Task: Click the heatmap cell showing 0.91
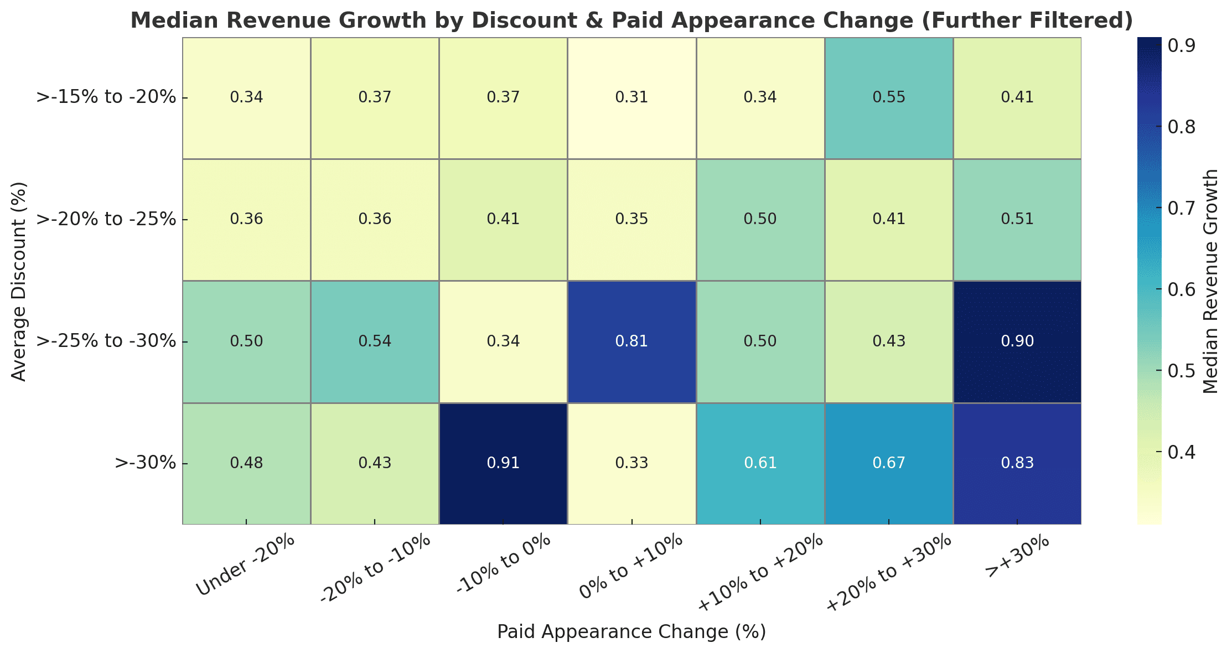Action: (x=503, y=463)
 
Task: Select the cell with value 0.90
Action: (x=1017, y=341)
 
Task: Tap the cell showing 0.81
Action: (x=631, y=341)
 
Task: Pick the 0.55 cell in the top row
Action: (x=889, y=98)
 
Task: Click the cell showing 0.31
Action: (x=631, y=98)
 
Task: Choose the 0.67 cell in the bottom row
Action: (x=889, y=463)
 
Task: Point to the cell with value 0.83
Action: (x=1017, y=463)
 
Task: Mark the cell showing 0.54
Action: (x=375, y=341)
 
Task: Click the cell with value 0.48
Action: (x=246, y=463)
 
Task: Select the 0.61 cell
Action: (x=760, y=463)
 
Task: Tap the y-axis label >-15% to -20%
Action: (x=106, y=98)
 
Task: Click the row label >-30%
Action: (x=145, y=463)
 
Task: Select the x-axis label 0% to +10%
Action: (x=631, y=567)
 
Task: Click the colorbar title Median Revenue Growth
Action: (x=1211, y=281)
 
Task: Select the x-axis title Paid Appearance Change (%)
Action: (x=631, y=632)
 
